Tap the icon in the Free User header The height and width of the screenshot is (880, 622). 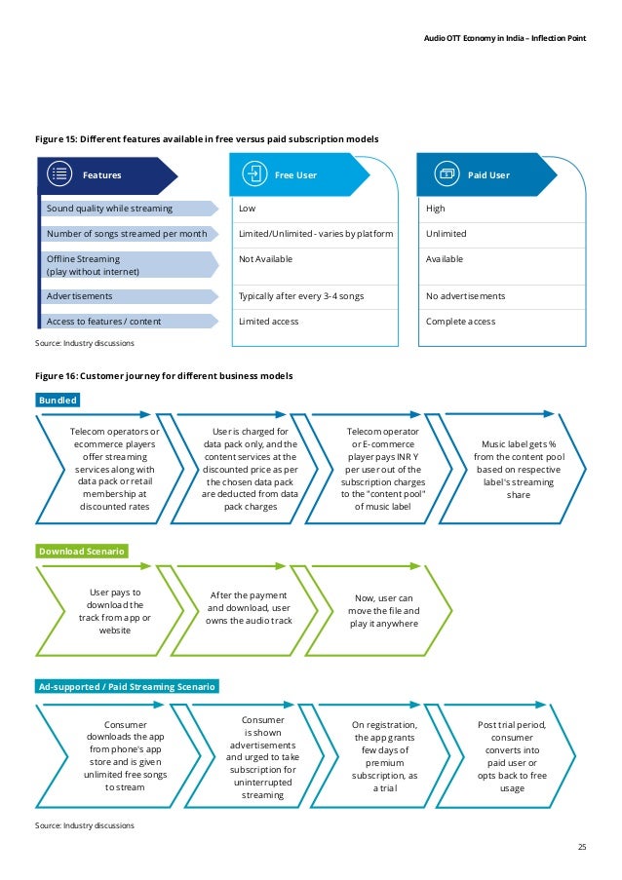(254, 175)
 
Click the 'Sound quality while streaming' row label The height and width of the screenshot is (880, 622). (109, 209)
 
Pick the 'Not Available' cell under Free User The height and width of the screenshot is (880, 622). (265, 259)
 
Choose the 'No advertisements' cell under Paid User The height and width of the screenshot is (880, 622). (466, 295)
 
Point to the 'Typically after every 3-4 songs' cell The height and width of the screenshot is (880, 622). (301, 295)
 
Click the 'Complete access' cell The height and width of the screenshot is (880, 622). (460, 321)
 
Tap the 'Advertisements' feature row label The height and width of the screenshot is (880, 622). (80, 295)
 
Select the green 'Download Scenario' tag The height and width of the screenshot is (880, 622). (82, 552)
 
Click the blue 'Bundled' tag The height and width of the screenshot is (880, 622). (58, 401)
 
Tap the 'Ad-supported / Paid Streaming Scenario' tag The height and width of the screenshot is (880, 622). (127, 686)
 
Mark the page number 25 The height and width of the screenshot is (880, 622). (582, 847)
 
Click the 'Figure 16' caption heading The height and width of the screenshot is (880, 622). (164, 375)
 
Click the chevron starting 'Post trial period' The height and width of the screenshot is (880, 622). (512, 756)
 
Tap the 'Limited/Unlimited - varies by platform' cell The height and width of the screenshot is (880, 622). (316, 234)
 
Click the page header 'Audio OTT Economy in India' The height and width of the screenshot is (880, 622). (506, 38)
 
